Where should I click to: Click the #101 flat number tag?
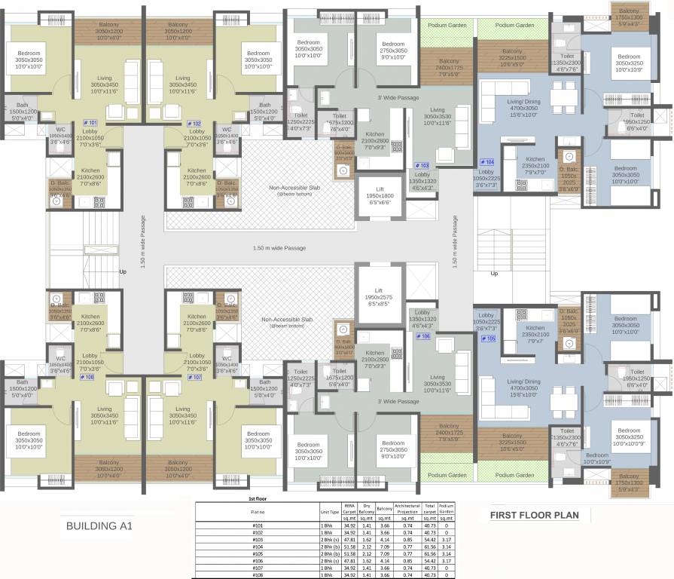[x=90, y=123]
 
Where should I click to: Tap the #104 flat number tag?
[x=486, y=162]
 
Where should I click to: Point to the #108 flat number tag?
[x=88, y=376]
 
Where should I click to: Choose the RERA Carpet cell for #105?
[x=349, y=553]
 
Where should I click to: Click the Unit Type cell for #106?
[x=329, y=560]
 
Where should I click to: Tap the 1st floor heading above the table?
[x=258, y=499]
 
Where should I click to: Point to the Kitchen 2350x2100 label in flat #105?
[x=535, y=332]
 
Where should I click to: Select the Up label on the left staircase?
[x=123, y=271]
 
